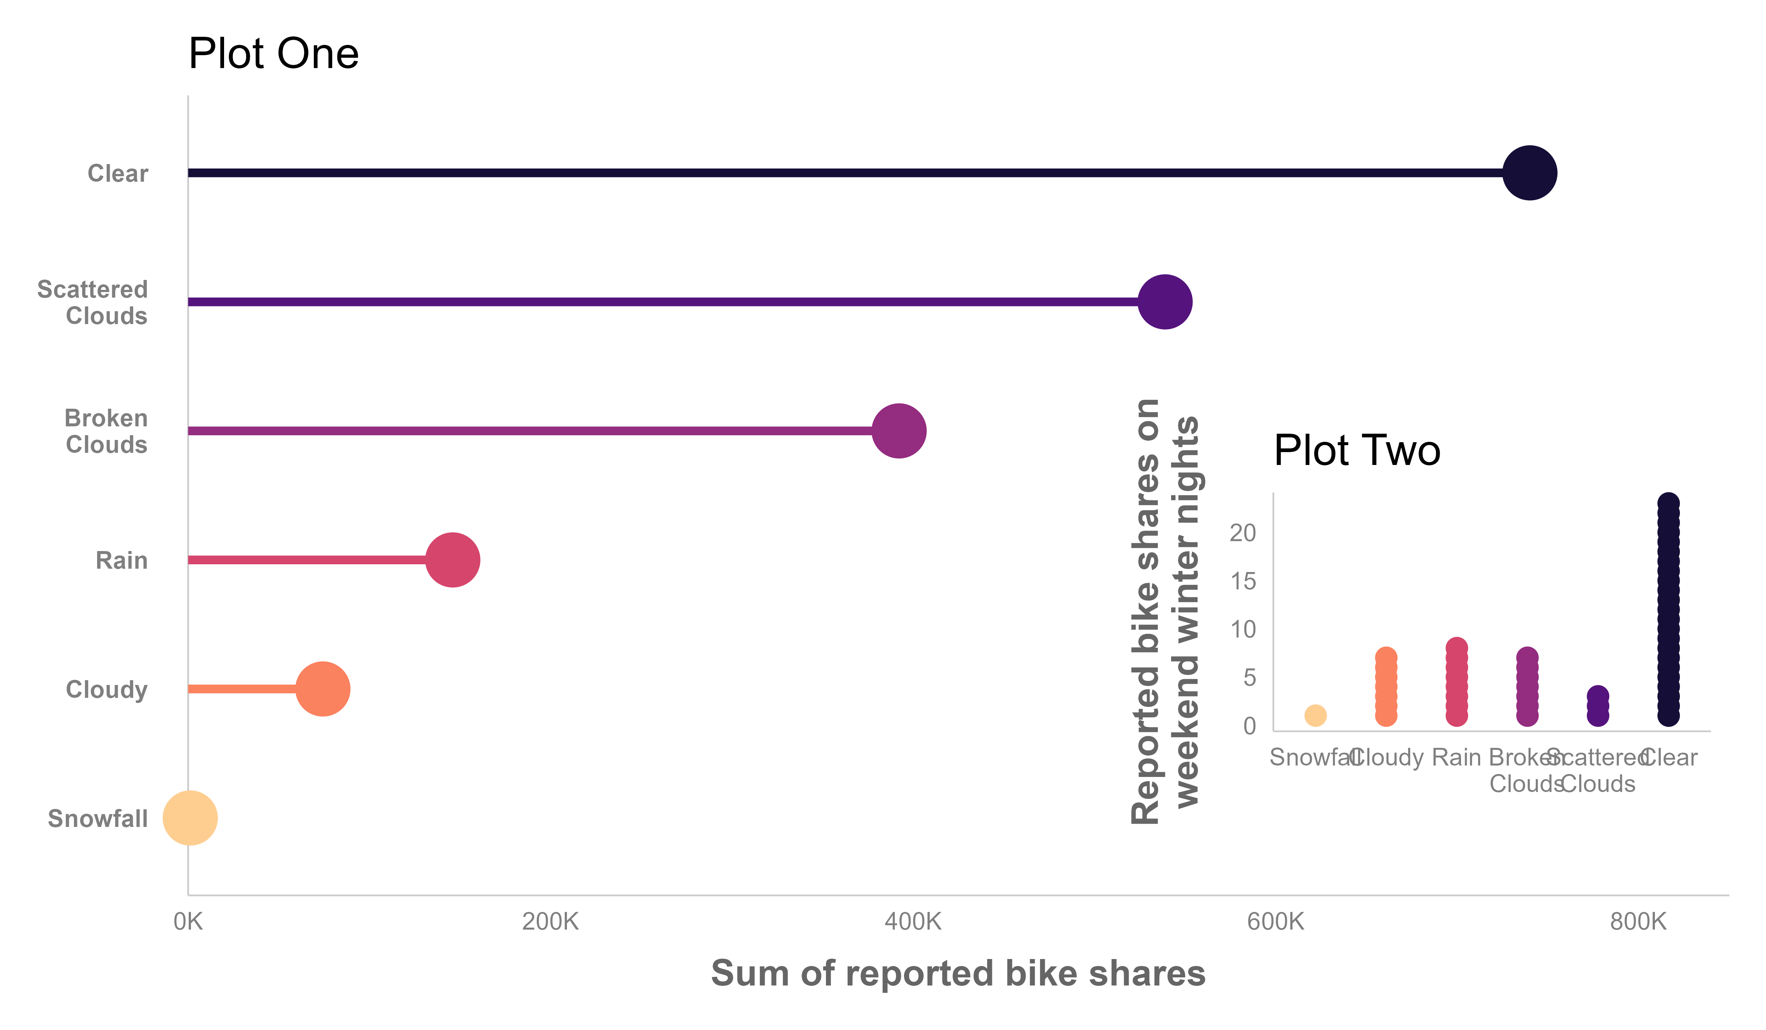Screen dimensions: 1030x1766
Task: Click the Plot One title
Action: [x=273, y=54]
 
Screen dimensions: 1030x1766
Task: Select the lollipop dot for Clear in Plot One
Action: [x=1529, y=173]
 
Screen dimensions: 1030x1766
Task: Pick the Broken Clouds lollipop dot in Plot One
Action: [x=898, y=431]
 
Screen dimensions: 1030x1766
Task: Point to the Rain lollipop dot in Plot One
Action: [x=453, y=560]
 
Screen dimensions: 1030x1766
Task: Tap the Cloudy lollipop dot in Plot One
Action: [x=322, y=689]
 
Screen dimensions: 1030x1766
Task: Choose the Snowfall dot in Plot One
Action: [x=190, y=818]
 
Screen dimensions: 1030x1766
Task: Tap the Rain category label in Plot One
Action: [x=121, y=561]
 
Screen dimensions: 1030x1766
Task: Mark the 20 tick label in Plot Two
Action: [x=1242, y=533]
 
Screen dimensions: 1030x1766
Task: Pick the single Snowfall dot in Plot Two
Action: [x=1315, y=715]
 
